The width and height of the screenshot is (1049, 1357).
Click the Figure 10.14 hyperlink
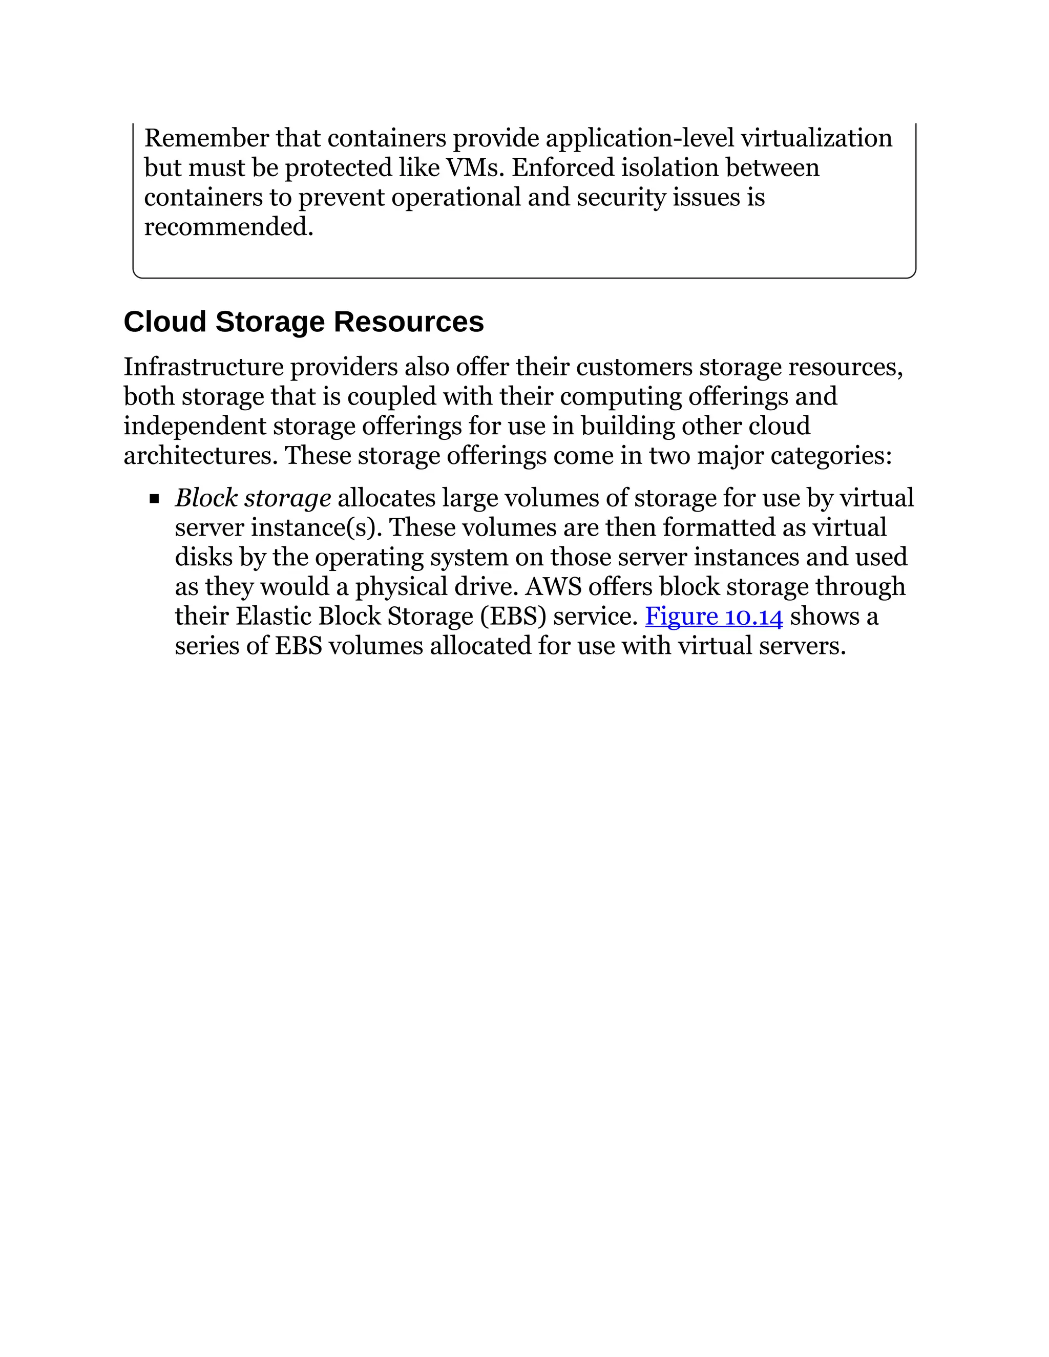click(714, 617)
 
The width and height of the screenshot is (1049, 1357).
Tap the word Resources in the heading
click(408, 322)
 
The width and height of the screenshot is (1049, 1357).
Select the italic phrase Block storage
click(253, 498)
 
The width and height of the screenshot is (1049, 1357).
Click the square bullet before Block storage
click(154, 498)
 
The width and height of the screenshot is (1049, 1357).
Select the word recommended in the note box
click(227, 227)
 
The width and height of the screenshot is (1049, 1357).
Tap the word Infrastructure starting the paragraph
click(203, 367)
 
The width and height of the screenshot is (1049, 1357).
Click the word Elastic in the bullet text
click(274, 617)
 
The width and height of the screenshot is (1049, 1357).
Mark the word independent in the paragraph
click(195, 426)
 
